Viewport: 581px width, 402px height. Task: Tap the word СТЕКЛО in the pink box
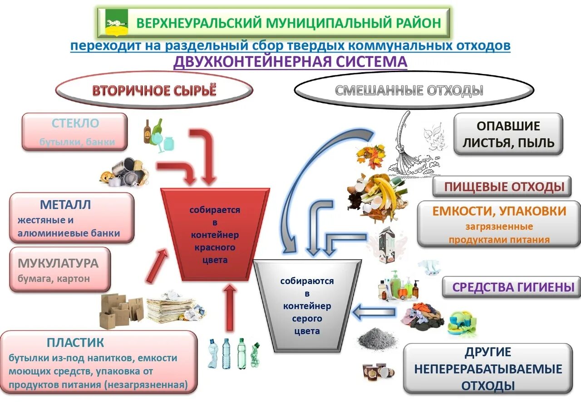tap(75, 123)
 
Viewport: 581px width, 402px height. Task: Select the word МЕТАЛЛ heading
tap(65, 205)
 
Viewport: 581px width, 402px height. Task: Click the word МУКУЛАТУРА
tap(58, 263)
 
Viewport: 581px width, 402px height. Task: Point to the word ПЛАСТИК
tap(75, 342)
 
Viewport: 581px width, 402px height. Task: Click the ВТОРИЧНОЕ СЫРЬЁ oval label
tap(154, 90)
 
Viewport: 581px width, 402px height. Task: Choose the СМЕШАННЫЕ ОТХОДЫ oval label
tap(409, 91)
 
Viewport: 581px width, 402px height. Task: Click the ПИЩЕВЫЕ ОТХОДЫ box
tap(501, 186)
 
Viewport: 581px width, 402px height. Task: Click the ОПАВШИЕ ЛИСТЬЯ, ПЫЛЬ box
tap(508, 134)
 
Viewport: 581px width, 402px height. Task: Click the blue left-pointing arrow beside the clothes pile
tap(374, 312)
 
